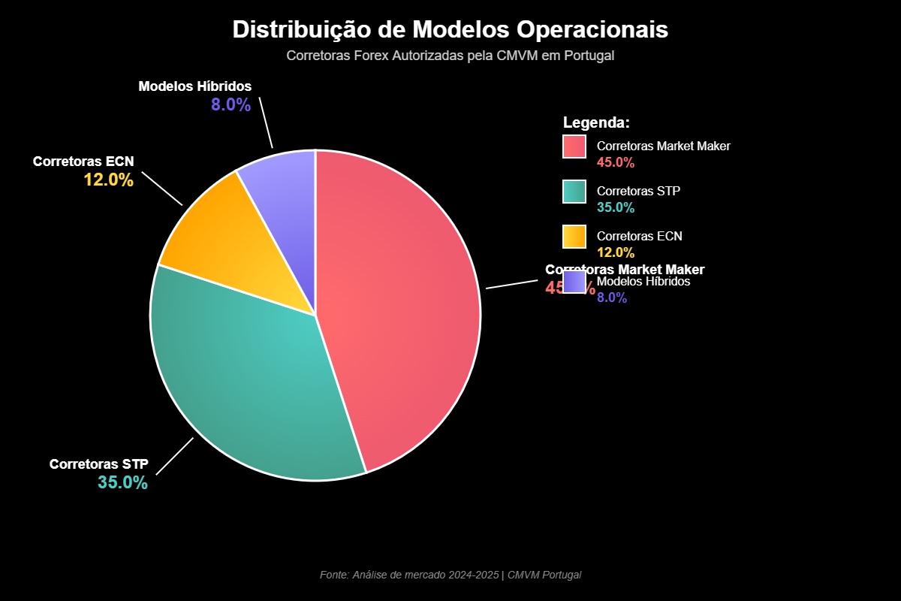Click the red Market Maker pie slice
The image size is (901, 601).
(x=405, y=316)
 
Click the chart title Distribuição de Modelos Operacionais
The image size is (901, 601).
(x=450, y=30)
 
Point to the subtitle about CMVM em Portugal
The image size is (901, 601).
(x=450, y=56)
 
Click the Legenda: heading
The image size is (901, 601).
(x=596, y=122)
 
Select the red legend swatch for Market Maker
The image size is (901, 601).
(x=574, y=146)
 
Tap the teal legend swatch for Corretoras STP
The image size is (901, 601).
(x=574, y=192)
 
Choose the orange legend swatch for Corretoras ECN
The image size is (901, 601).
(x=574, y=237)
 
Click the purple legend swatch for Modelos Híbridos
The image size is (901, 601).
(x=574, y=282)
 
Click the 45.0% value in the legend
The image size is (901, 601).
(x=616, y=162)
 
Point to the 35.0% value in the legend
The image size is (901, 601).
(x=616, y=207)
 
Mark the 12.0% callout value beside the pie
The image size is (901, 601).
(x=108, y=180)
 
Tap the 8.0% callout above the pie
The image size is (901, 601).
(x=231, y=105)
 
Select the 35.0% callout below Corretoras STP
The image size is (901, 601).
(x=122, y=482)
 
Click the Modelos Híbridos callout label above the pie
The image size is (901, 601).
(x=195, y=86)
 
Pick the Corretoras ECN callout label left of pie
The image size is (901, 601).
(x=83, y=162)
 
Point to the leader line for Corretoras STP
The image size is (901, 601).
(x=174, y=456)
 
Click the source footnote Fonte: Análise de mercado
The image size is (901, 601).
(x=450, y=575)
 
